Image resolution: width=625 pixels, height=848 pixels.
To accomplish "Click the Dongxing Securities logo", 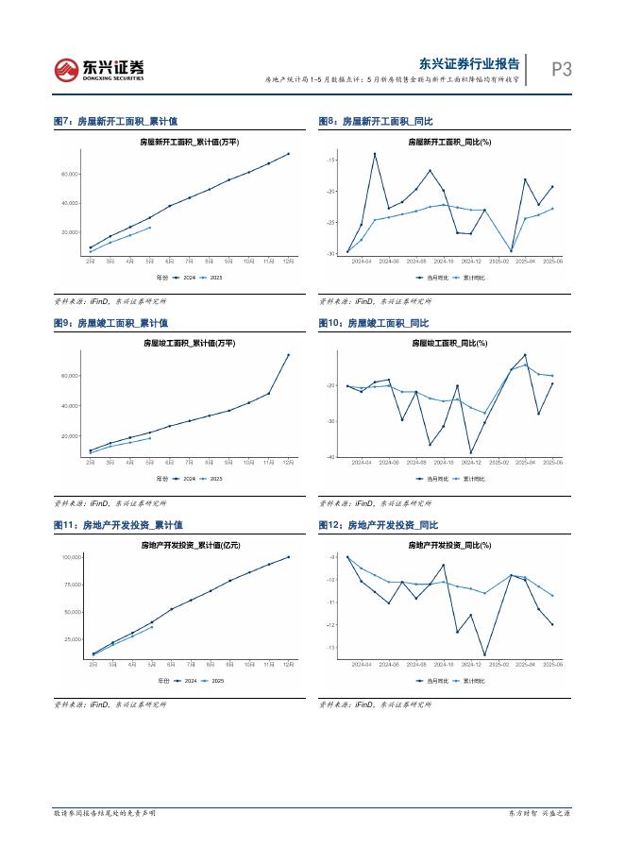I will coord(99,69).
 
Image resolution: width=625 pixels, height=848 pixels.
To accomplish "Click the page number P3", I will coord(561,69).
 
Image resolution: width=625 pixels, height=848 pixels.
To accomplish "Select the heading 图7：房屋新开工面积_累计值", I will coord(115,122).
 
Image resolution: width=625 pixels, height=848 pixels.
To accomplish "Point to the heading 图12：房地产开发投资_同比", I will coord(379,524).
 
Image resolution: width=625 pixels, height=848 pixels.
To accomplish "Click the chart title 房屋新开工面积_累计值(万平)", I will coord(189,142).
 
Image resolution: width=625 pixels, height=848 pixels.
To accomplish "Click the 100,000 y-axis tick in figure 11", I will coord(71,557).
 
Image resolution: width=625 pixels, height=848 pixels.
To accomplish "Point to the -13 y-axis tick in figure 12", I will coord(331,648).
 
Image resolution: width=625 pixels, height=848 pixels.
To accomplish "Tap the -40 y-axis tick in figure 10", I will coord(331,457).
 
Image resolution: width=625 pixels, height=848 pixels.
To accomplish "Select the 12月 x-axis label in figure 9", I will coord(288,463).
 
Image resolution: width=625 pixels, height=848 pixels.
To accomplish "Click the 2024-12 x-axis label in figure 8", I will coord(471,261).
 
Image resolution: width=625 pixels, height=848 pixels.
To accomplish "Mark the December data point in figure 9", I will coord(288,355).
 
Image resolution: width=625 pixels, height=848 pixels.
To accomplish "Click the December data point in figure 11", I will coord(288,557).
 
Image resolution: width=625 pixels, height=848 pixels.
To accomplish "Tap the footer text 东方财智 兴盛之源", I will coord(540,812).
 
